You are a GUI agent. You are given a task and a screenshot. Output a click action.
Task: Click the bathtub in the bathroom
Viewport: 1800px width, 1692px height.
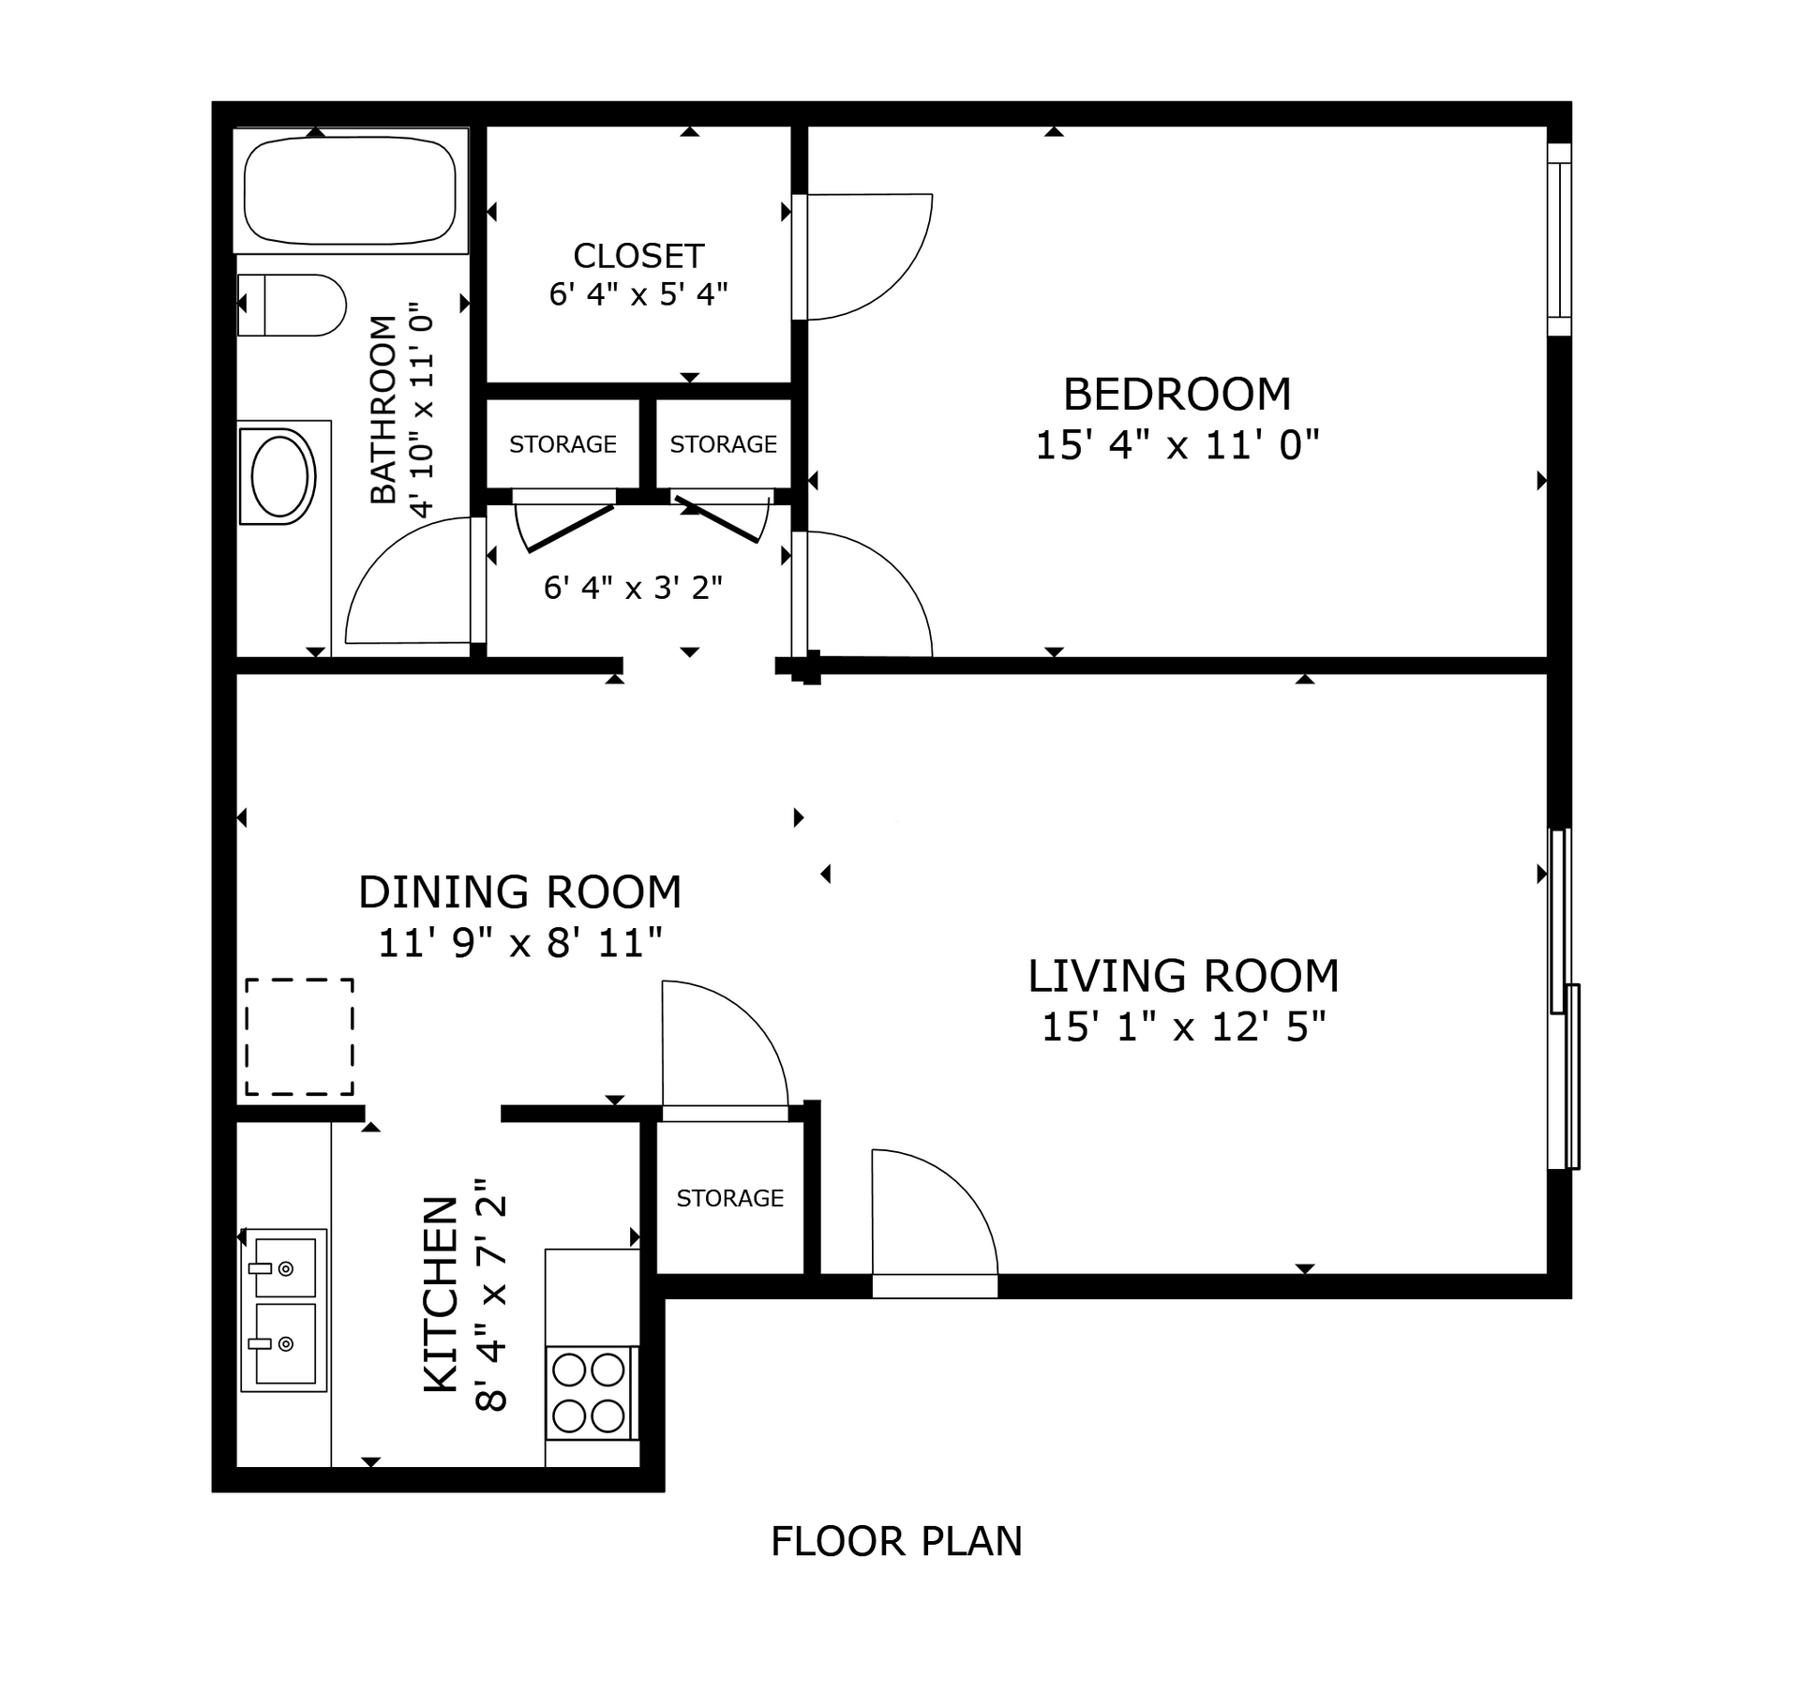click(x=350, y=191)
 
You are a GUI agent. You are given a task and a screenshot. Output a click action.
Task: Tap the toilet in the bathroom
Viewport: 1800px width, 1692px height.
click(x=292, y=305)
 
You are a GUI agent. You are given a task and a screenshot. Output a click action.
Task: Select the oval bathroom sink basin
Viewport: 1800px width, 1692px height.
click(x=279, y=476)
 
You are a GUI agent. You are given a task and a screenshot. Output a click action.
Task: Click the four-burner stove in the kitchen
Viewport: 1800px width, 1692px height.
click(x=590, y=1392)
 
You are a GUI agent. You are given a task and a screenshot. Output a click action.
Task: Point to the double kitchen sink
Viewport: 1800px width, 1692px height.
click(x=284, y=1310)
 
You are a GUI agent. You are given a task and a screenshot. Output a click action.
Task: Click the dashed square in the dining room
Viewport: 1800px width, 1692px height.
click(x=300, y=1037)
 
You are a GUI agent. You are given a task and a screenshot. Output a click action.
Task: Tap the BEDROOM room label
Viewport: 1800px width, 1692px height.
click(x=1177, y=394)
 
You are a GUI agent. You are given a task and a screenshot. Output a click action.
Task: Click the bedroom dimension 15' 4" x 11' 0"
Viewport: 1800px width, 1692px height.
click(x=1177, y=445)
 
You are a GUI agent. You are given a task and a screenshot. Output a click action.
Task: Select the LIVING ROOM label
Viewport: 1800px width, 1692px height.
click(x=1183, y=976)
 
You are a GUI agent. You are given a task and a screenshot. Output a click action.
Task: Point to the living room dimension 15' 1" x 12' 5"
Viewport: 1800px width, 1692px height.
click(x=1184, y=1027)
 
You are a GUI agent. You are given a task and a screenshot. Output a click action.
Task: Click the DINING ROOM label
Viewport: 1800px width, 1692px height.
click(x=520, y=891)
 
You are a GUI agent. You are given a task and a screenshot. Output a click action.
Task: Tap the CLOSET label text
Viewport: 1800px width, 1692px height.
click(x=638, y=255)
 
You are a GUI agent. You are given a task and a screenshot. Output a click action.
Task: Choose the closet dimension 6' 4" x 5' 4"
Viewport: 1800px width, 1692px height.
click(x=638, y=294)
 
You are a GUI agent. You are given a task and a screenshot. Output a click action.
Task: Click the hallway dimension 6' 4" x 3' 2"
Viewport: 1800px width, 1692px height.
click(x=633, y=588)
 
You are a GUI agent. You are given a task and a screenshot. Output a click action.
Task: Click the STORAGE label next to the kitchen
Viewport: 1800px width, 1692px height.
click(x=729, y=1198)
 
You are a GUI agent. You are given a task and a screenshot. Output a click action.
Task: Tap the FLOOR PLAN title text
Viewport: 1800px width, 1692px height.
click(x=896, y=1541)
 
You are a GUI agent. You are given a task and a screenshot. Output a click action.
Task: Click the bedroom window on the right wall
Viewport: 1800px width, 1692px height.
click(x=1558, y=239)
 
